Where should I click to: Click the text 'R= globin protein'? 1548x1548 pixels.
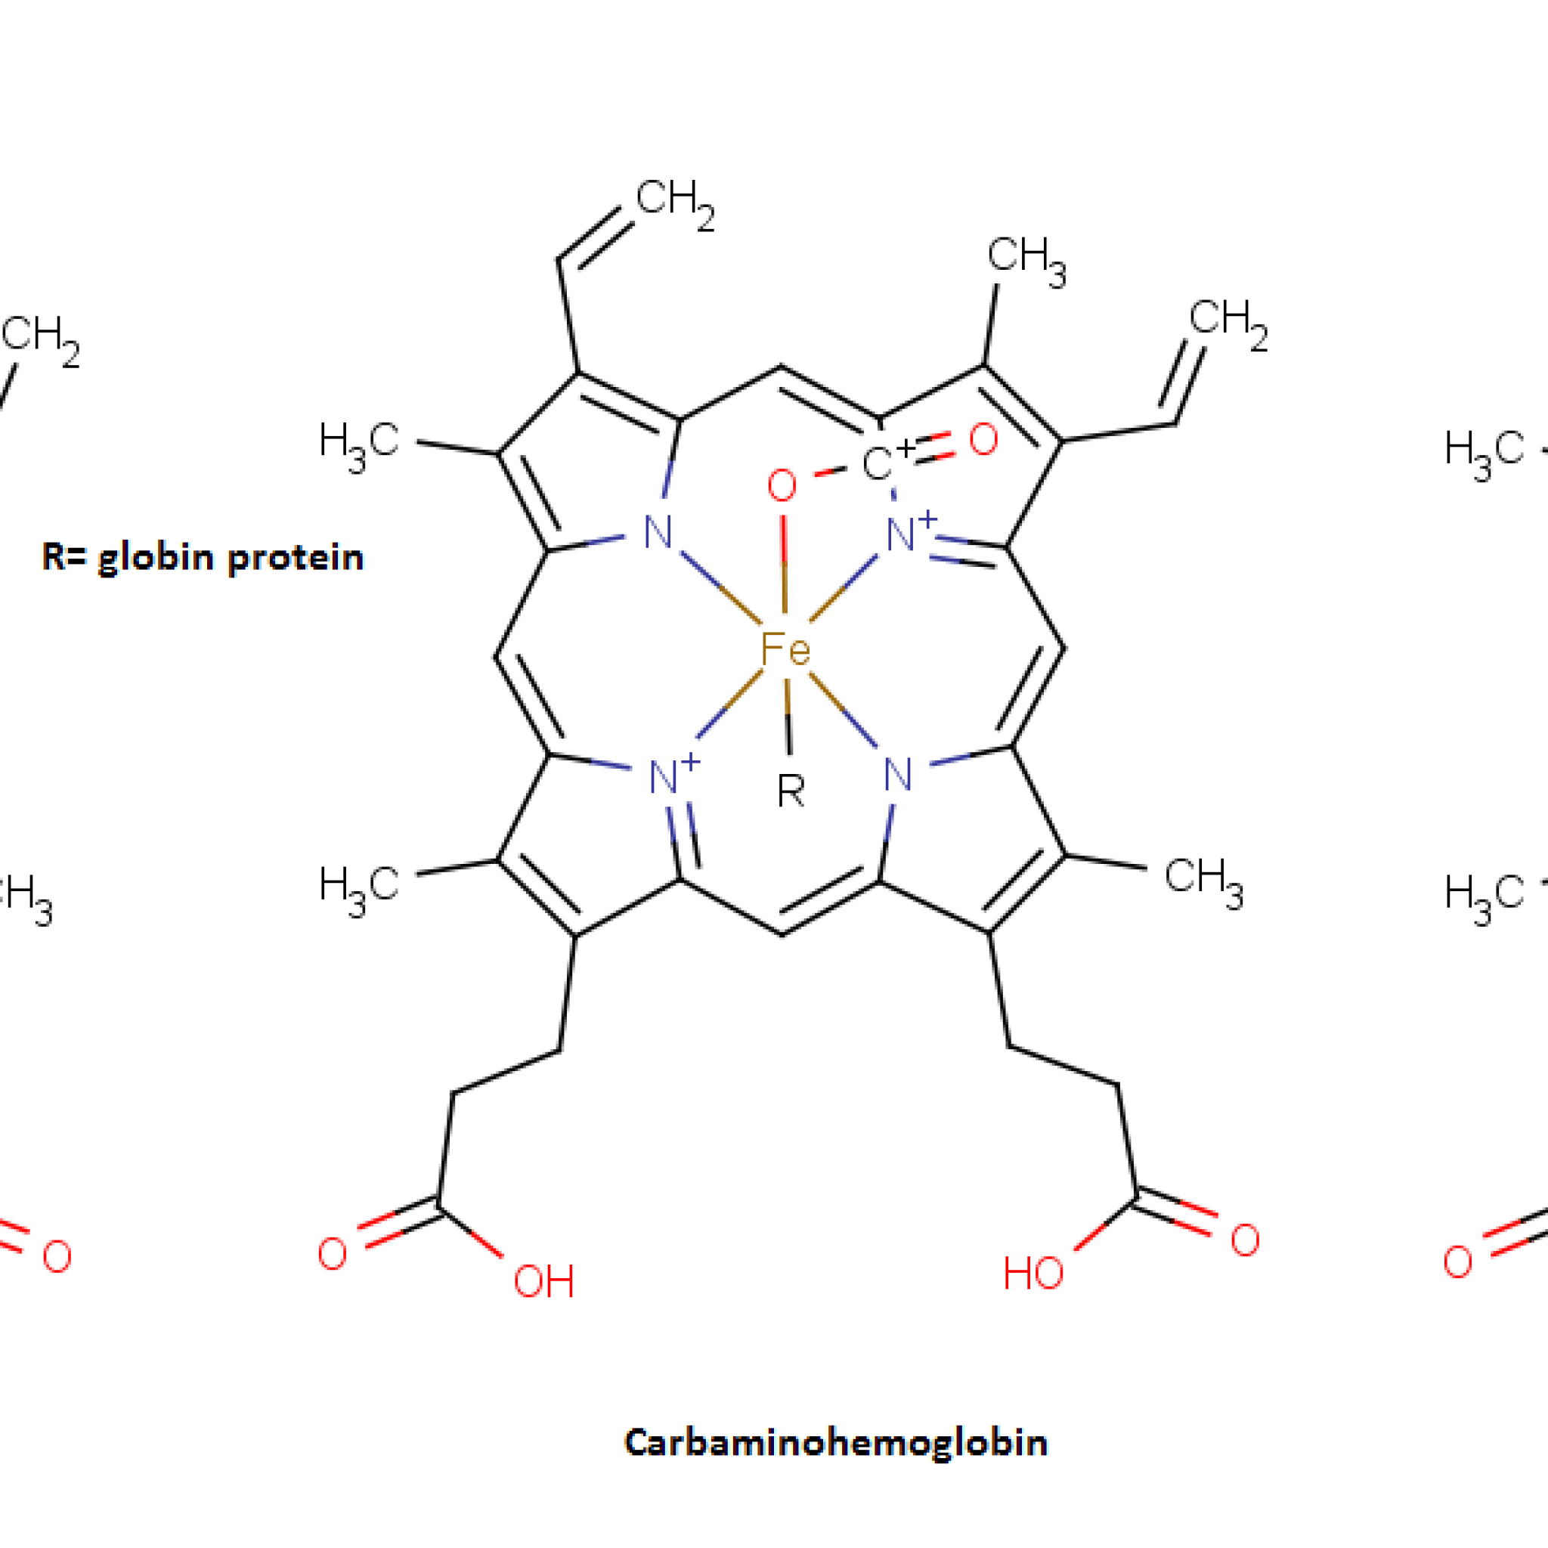click(203, 558)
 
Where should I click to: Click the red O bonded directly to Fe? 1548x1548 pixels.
click(782, 486)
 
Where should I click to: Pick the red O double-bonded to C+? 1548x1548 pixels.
click(983, 440)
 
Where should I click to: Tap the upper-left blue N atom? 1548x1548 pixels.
click(658, 532)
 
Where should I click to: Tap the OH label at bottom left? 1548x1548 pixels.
click(543, 1282)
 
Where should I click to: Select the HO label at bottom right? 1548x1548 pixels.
click(1033, 1273)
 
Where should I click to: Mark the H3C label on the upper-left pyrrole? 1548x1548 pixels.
click(358, 445)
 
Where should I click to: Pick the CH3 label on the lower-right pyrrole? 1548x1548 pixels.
click(1203, 881)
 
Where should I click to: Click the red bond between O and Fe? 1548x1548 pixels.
click(784, 564)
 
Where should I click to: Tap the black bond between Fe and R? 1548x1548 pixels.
click(788, 717)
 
